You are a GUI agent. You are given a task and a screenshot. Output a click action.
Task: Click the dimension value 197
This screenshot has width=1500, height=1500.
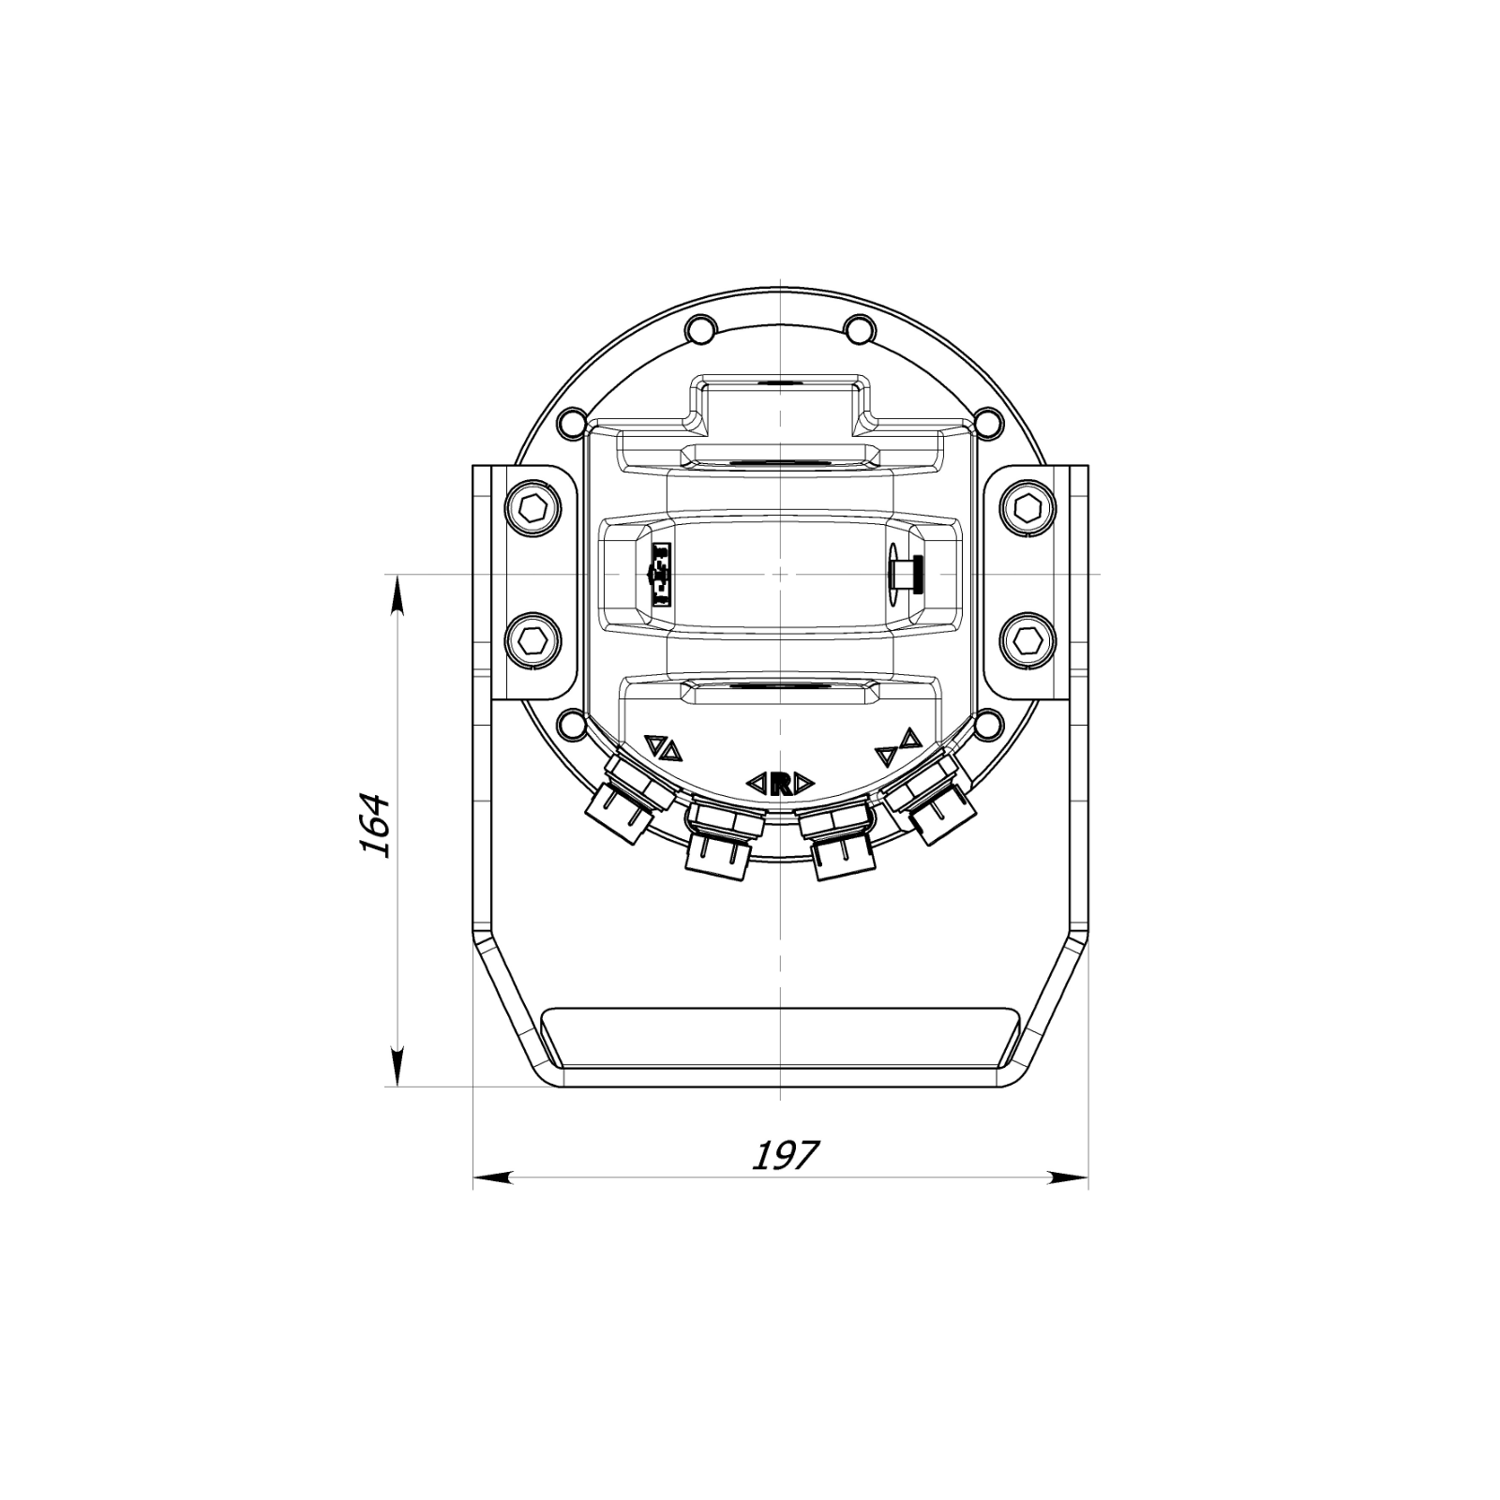click(786, 1155)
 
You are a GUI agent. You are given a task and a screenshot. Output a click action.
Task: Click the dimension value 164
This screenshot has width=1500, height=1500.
click(375, 825)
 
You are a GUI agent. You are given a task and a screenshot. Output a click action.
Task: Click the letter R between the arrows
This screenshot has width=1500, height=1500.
click(780, 783)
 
